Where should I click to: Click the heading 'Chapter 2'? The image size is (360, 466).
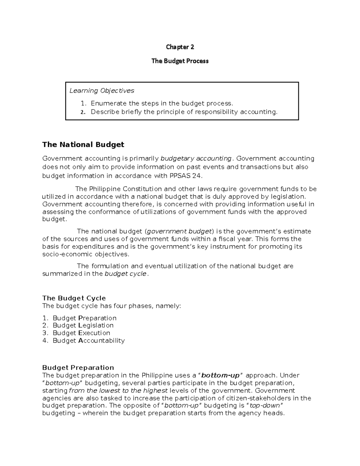click(x=180, y=47)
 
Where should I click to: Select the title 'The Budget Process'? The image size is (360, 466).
click(x=180, y=61)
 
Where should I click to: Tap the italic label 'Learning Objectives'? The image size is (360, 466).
click(x=102, y=91)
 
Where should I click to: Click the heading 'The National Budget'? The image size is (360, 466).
click(x=83, y=145)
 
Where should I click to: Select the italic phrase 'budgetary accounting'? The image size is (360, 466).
click(x=196, y=158)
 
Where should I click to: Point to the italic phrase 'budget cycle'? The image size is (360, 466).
click(x=125, y=274)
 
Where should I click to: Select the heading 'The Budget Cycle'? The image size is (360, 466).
click(x=74, y=298)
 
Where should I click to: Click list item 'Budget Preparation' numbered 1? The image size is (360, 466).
click(x=84, y=318)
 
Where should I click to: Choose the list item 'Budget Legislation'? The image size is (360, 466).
click(x=83, y=325)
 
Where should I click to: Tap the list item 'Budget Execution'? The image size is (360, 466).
click(x=81, y=333)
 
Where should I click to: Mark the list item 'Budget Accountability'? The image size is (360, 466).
click(x=88, y=341)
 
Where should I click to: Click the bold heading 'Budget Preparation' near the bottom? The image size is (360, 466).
click(x=78, y=368)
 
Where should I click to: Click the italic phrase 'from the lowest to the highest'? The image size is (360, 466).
click(x=118, y=391)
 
